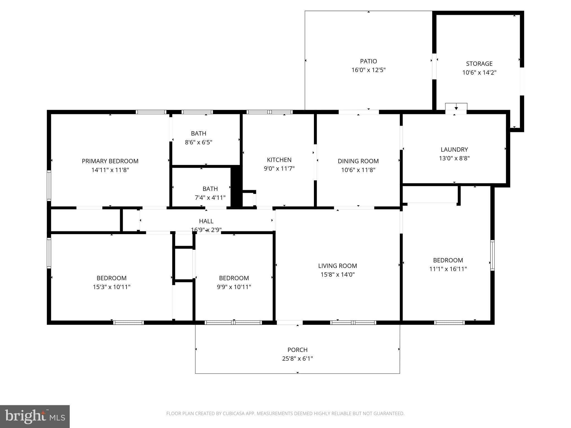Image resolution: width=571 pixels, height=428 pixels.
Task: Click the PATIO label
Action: (368, 61)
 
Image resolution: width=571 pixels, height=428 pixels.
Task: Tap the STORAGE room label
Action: (479, 64)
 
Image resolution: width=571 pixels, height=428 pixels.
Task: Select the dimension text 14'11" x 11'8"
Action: (110, 170)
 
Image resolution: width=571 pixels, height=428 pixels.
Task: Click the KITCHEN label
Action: (279, 160)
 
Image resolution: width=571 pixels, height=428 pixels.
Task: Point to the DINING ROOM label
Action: (358, 161)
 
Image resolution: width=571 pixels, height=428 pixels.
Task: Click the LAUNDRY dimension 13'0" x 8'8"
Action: (454, 158)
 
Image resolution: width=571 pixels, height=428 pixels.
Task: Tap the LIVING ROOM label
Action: (337, 266)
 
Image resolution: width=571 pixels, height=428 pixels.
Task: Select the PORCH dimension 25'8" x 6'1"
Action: (297, 359)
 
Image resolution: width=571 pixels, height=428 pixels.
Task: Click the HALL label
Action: (206, 221)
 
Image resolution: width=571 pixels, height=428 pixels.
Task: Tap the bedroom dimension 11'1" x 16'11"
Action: (448, 269)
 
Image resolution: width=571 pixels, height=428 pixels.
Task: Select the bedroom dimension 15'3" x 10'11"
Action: (112, 287)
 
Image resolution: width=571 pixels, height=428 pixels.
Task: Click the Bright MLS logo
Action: (35, 416)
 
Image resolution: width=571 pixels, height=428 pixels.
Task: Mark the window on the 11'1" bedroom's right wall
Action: (492, 255)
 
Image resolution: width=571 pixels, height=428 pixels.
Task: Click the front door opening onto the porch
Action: (289, 323)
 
